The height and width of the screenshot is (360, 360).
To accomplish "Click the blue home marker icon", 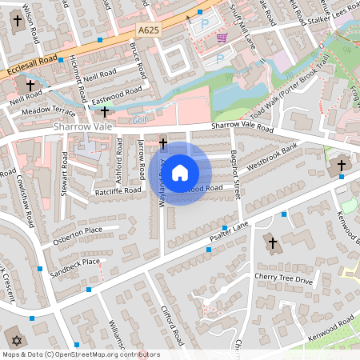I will coord(180,173).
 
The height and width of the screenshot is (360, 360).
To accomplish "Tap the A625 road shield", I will coord(149,30).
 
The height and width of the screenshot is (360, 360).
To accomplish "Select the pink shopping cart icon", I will coord(221,38).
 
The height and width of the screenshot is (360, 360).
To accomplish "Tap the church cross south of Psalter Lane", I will coord(272,242).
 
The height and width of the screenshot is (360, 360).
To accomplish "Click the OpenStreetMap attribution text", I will coord(80,354).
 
